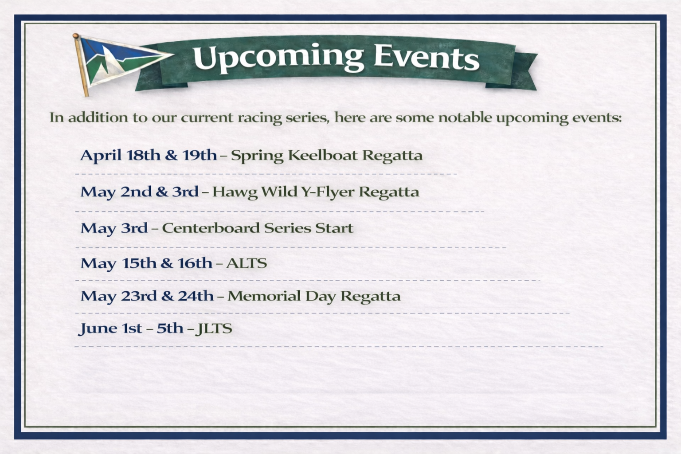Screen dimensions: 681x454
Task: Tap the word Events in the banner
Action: coord(427,58)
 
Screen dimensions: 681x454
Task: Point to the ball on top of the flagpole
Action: coord(76,36)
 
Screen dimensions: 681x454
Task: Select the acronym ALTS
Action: coord(247,263)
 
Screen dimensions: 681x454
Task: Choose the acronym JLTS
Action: coord(214,329)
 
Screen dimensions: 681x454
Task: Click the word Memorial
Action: coord(264,296)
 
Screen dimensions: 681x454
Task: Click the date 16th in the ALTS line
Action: coord(195,263)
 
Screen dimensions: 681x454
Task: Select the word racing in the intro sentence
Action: coord(260,118)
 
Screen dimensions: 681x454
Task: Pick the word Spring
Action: coord(257,156)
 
